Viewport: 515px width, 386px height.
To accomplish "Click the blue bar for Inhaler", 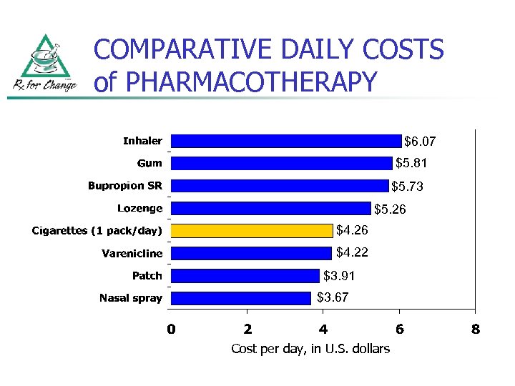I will pyautogui.click(x=286, y=141).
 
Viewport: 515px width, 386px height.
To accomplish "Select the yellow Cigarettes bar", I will pyautogui.click(x=252, y=230).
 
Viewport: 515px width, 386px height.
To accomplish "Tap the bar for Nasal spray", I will pyautogui.click(x=241, y=297).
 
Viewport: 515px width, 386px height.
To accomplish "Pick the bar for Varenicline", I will pyautogui.click(x=251, y=252).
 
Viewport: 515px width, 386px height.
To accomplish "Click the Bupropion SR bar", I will pyautogui.click(x=280, y=186).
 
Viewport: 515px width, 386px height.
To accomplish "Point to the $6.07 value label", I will pyautogui.click(x=420, y=142).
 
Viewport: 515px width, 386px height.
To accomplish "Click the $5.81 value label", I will pyautogui.click(x=411, y=163).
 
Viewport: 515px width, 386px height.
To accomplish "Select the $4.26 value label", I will pyautogui.click(x=352, y=230).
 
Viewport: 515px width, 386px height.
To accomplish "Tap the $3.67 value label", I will pyautogui.click(x=333, y=297).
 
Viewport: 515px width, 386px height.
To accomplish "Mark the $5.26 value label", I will pyautogui.click(x=390, y=209).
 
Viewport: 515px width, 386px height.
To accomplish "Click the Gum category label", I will pyautogui.click(x=149, y=163).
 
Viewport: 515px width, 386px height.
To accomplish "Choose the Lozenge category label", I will pyautogui.click(x=140, y=208).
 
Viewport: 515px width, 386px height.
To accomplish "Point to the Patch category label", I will pyautogui.click(x=147, y=275).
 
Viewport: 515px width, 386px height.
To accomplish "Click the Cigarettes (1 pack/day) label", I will pyautogui.click(x=97, y=230).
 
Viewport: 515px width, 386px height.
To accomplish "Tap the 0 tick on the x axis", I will pyautogui.click(x=171, y=330).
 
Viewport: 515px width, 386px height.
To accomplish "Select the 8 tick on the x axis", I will pyautogui.click(x=475, y=330).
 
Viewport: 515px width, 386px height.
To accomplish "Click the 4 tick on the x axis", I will pyautogui.click(x=323, y=330).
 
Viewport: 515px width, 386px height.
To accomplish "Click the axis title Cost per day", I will pyautogui.click(x=310, y=349).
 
